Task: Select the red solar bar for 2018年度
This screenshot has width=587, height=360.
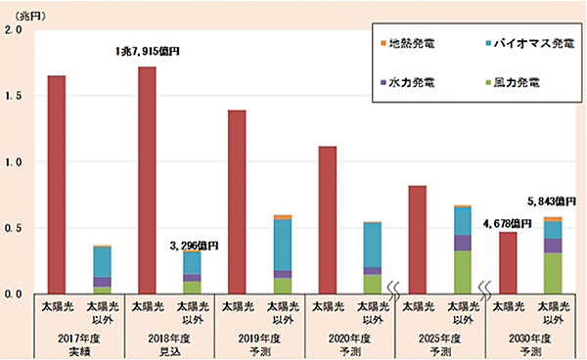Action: (x=147, y=180)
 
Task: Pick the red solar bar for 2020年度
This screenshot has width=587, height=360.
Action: (x=328, y=219)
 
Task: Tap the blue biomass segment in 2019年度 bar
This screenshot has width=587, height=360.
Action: (x=283, y=245)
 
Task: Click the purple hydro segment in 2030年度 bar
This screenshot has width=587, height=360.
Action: (x=553, y=246)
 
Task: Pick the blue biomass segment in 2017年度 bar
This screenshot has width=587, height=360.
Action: (x=102, y=262)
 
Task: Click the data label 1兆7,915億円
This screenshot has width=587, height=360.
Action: (x=147, y=50)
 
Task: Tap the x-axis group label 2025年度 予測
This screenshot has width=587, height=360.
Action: (x=440, y=343)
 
